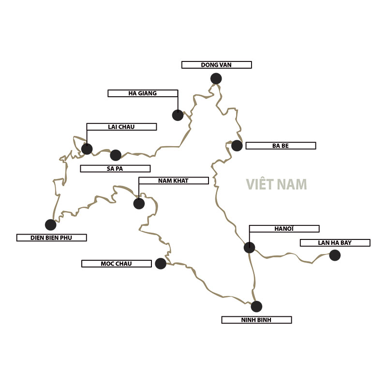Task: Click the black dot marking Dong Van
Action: point(216,78)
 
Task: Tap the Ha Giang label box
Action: point(143,93)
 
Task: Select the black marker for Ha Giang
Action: point(178,115)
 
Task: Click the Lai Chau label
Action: point(121,127)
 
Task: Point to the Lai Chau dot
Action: point(87,149)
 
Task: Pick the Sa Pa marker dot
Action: point(116,155)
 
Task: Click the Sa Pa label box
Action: point(115,169)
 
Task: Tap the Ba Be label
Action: point(281,146)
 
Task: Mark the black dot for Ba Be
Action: point(237,146)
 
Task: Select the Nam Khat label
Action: point(173,180)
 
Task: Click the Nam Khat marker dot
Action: point(139,203)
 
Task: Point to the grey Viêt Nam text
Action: point(276,185)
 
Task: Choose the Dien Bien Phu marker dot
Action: point(50,224)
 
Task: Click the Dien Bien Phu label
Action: point(51,238)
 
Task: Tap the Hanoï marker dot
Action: point(249,247)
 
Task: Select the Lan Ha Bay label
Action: point(335,243)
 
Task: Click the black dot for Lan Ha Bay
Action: point(335,255)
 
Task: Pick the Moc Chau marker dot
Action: point(161,263)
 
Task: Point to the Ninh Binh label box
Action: point(256,320)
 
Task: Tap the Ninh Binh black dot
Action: point(256,306)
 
